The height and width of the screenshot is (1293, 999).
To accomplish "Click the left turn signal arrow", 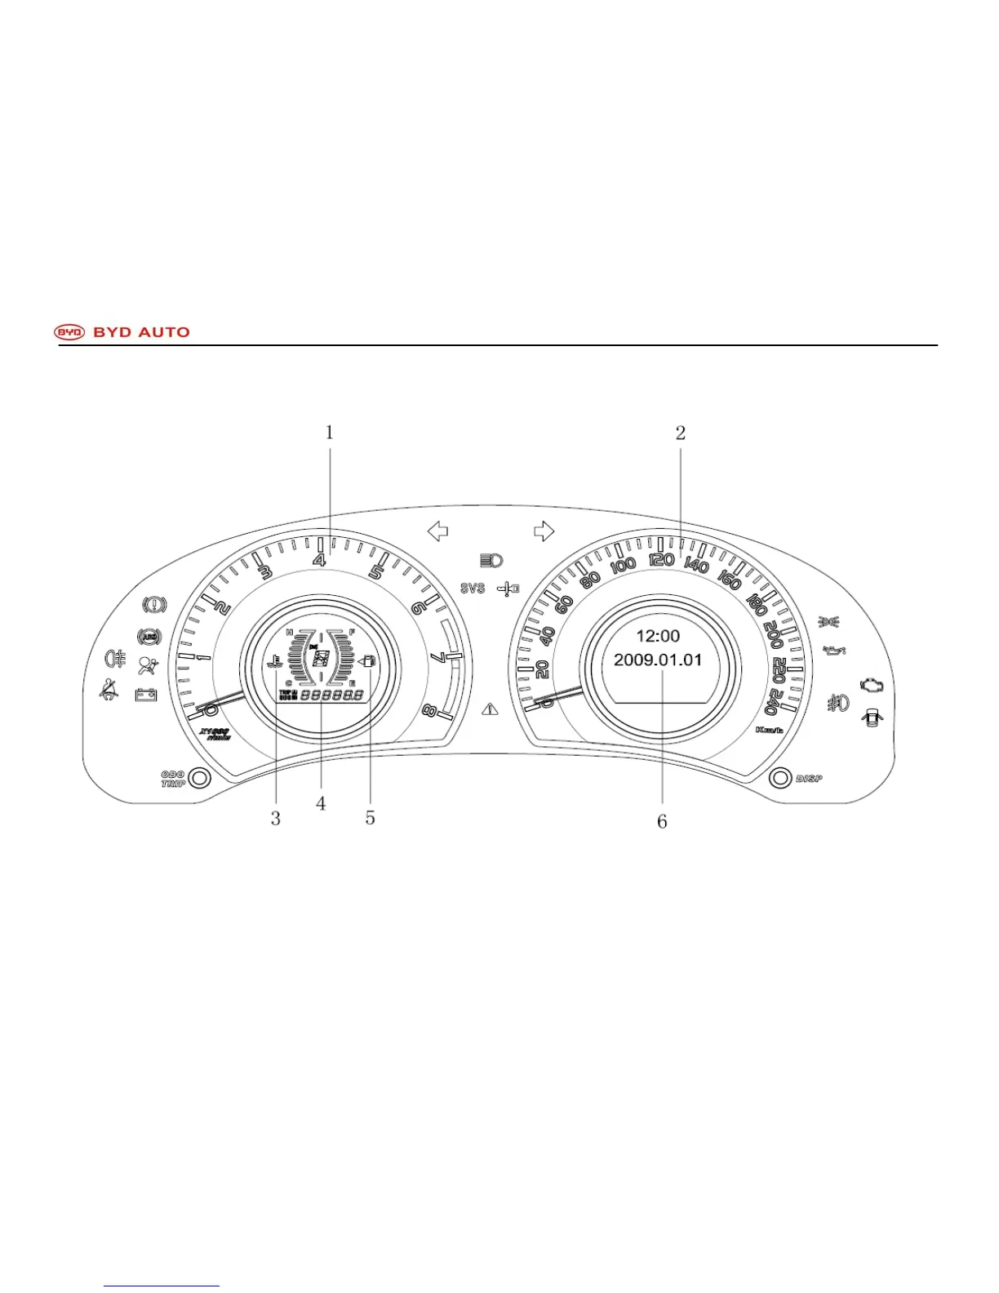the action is [438, 531].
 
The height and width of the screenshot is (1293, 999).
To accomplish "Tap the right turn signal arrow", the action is [544, 531].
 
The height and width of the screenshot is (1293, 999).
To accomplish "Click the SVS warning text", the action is [473, 588].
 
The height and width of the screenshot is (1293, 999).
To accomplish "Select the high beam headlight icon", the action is [491, 560].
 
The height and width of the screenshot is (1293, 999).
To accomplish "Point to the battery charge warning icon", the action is [146, 695].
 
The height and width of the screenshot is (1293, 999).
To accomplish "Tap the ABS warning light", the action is [149, 636].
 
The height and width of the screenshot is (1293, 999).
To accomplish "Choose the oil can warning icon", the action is [834, 651].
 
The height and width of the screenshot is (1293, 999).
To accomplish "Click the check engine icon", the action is [870, 685].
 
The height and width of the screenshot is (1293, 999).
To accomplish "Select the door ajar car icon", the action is [873, 718].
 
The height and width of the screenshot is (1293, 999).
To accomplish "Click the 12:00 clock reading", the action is [658, 636].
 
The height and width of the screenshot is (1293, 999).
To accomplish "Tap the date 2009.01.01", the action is [658, 660].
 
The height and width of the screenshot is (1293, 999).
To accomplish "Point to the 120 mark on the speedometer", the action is [661, 560].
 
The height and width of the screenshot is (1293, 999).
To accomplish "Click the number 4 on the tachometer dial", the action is [320, 560].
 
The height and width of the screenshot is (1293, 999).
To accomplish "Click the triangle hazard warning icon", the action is [491, 709].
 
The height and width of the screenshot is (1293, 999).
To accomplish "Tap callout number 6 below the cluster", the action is [662, 821].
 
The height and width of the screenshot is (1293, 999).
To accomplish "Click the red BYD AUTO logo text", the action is [141, 332].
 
